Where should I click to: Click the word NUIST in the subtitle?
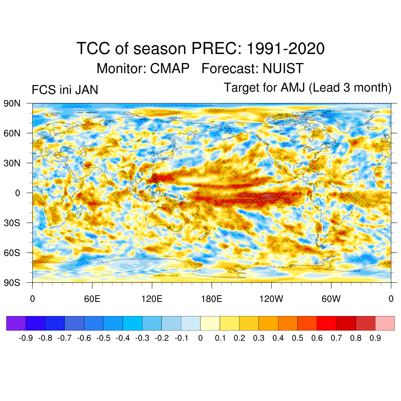[x=283, y=69]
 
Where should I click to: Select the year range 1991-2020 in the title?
[x=285, y=49]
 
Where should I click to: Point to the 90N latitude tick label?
[x=12, y=103]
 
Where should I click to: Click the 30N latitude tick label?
[x=12, y=163]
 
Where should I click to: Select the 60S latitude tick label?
[x=12, y=253]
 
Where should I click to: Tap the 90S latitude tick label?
[x=12, y=282]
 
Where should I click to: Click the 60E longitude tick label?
[x=92, y=300]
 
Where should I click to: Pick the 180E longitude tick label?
[x=211, y=300]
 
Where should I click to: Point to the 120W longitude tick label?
[x=271, y=300]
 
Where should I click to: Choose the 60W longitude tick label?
[x=331, y=300]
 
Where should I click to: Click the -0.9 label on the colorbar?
[x=25, y=338]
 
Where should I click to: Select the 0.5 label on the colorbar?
[x=298, y=338]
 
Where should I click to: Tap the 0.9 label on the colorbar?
[x=375, y=338]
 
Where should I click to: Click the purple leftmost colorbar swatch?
[x=16, y=323]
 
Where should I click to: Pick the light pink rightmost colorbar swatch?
[x=385, y=323]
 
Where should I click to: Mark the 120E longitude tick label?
[x=152, y=300]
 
